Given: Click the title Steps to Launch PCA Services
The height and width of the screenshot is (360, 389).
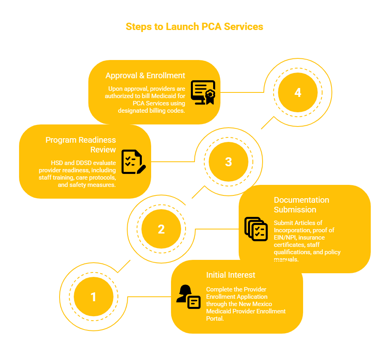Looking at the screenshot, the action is (x=194, y=27).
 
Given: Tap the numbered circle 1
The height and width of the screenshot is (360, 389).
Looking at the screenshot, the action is (x=94, y=297).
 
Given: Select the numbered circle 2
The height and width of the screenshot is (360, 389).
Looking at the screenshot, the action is (x=161, y=229).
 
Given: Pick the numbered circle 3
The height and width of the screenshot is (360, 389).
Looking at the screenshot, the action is (x=229, y=162).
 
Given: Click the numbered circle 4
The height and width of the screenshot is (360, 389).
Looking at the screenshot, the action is (x=298, y=92).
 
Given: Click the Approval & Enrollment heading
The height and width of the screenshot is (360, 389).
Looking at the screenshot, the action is (x=145, y=75).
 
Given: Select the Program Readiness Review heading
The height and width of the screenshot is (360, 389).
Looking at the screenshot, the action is (x=81, y=145).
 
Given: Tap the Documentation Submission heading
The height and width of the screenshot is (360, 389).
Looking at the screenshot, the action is (x=301, y=205).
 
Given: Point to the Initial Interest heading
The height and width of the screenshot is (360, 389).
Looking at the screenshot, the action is (x=231, y=275).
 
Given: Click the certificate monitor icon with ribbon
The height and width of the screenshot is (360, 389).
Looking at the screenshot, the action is (x=203, y=92).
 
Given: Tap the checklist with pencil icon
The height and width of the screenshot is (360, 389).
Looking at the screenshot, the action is (x=133, y=162).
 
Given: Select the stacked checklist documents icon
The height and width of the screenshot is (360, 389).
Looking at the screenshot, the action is (x=256, y=229).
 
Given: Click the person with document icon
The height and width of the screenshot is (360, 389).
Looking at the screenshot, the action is (x=188, y=297).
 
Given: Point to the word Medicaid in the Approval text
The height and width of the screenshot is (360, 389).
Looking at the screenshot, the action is (x=163, y=96).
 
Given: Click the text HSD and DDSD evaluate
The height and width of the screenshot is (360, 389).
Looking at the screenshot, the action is (x=83, y=163).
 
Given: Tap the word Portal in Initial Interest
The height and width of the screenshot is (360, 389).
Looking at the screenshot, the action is (x=215, y=319).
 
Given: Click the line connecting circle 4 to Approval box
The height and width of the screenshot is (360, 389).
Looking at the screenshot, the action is (x=242, y=92).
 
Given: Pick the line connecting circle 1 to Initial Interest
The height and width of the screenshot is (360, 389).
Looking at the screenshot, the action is (x=149, y=297).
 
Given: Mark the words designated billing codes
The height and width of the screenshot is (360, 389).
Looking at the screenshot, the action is (x=152, y=111).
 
